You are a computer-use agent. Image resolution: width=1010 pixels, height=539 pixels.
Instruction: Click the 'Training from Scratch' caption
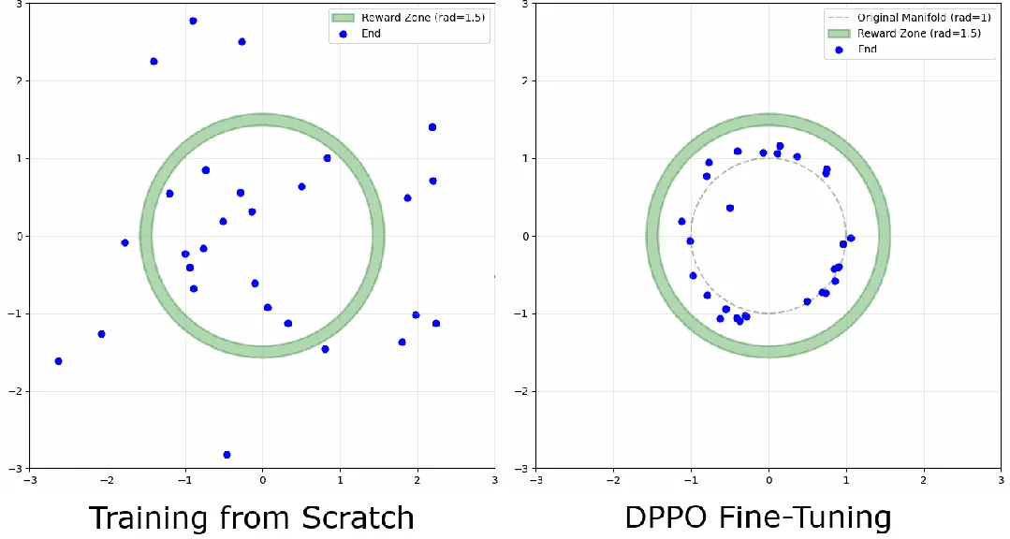tap(251, 517)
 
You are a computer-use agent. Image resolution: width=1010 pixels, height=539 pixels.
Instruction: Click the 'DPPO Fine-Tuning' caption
tap(758, 517)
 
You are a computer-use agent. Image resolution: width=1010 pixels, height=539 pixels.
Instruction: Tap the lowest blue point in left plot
tap(227, 455)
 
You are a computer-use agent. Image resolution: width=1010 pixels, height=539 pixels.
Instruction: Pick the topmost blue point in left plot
tap(193, 21)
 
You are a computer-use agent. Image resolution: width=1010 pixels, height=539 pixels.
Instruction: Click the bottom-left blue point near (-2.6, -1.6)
tap(58, 361)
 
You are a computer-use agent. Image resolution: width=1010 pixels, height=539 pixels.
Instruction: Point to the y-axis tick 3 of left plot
tap(20, 5)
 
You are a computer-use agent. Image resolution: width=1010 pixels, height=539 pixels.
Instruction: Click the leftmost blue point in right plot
tap(681, 222)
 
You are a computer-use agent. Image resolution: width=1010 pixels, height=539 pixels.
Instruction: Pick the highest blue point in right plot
tap(780, 146)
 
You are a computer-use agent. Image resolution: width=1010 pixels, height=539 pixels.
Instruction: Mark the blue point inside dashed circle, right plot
tap(730, 208)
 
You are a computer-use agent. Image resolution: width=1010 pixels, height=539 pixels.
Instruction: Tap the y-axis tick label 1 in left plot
tap(20, 159)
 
